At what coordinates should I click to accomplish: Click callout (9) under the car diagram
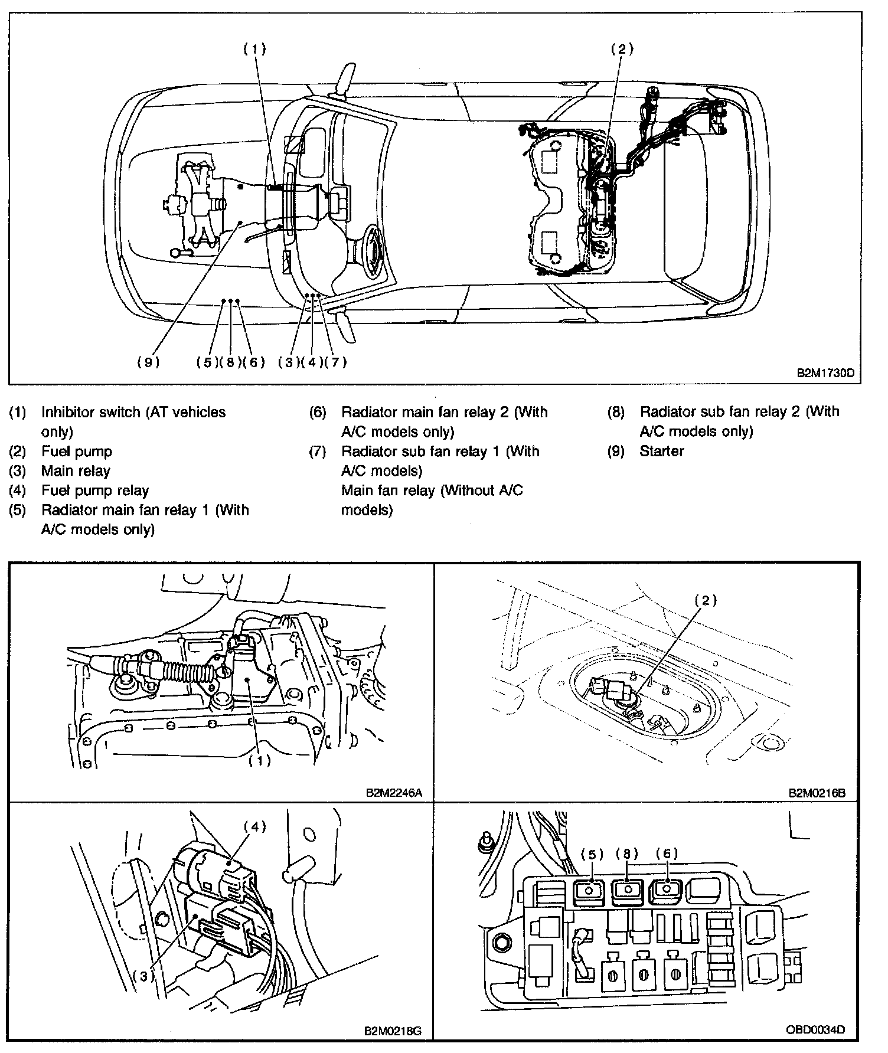pos(148,362)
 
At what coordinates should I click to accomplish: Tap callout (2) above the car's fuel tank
pos(622,50)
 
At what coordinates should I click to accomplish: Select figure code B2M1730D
pos(827,373)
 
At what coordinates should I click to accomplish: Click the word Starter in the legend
pos(661,452)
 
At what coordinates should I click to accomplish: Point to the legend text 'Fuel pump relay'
pos(95,490)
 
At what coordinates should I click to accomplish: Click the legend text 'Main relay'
pos(76,471)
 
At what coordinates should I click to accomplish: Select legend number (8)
pos(616,412)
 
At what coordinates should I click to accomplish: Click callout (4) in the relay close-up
pos(255,827)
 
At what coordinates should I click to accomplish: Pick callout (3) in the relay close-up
pos(143,976)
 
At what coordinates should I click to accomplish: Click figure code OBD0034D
pos(815,1030)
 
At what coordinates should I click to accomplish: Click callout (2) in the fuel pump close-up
pos(706,601)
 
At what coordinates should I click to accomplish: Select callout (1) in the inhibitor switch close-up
pos(259,761)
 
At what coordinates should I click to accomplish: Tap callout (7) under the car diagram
pos(335,362)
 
